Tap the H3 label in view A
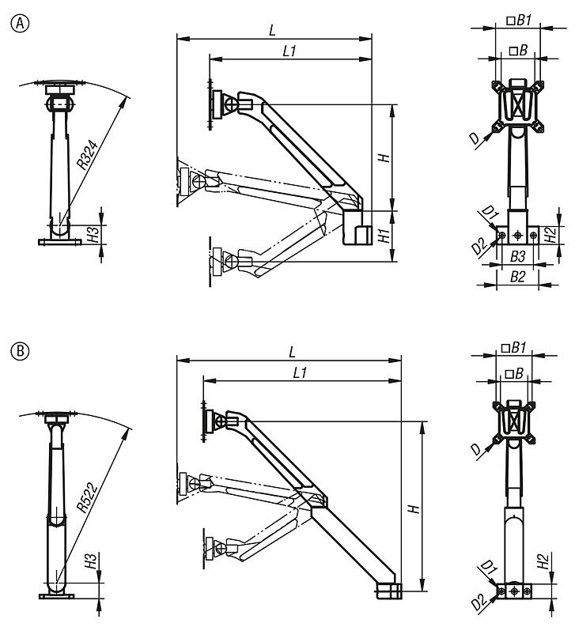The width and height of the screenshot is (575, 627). pos(93,234)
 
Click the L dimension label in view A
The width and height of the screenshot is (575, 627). pos(273,30)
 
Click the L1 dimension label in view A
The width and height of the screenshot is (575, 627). pos(289,50)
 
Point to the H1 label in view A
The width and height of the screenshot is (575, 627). pos(383,235)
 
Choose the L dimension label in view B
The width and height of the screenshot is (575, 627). pos(292,350)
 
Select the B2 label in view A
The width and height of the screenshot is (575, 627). pos(516,276)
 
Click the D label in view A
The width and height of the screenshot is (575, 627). pos(473,138)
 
